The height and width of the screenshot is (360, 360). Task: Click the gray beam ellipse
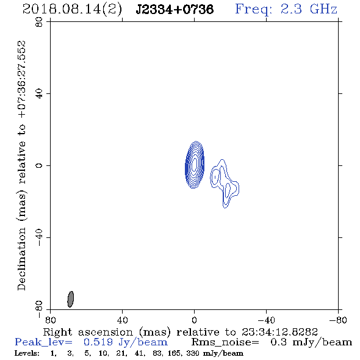point(71,299)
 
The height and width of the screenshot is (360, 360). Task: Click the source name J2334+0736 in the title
point(175,9)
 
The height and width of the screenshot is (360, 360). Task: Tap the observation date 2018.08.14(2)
point(72,10)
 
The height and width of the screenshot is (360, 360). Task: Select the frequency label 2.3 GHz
point(309,9)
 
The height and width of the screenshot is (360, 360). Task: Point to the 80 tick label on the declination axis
point(39,22)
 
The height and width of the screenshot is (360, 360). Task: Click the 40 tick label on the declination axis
point(39,94)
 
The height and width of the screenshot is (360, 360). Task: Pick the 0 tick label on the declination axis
point(39,165)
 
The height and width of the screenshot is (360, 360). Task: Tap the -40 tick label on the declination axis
point(39,237)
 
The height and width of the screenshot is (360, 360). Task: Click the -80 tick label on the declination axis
point(39,309)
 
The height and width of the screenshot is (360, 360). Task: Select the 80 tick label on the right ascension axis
point(50,320)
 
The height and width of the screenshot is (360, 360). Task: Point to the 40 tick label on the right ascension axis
point(122,320)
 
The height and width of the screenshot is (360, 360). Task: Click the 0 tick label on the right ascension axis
point(194,320)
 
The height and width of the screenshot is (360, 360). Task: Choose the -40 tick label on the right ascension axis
point(266,320)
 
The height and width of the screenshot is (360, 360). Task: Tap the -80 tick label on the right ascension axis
point(338,320)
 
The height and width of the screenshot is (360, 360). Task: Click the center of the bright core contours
point(195,164)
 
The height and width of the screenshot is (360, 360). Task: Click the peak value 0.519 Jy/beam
point(126,342)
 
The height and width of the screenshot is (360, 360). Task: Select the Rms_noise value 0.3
point(278,342)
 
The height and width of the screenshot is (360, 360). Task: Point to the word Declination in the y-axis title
point(21,259)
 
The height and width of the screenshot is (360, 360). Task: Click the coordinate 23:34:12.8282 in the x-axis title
point(279,332)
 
